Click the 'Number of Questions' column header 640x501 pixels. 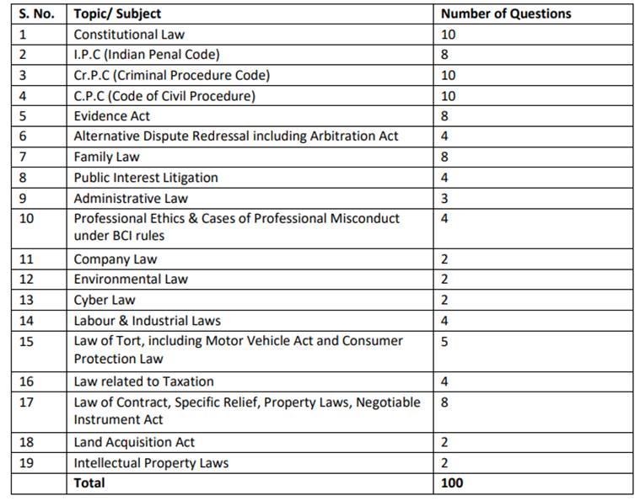[x=506, y=13]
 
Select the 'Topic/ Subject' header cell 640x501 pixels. [x=117, y=13]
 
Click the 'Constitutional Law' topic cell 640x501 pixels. [x=129, y=35]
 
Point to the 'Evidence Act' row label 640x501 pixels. [x=112, y=116]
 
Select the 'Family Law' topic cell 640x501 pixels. [x=107, y=157]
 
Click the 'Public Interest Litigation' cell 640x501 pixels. [x=146, y=178]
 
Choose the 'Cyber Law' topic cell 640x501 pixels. [x=105, y=300]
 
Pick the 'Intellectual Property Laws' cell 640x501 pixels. [x=151, y=462]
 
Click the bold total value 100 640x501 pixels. [x=452, y=482]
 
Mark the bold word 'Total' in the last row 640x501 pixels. [x=90, y=482]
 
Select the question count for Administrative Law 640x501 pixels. [x=444, y=199]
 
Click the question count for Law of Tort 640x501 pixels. [x=444, y=341]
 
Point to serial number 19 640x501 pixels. [x=26, y=462]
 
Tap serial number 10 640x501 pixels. [x=26, y=218]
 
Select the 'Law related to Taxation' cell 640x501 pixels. [x=144, y=381]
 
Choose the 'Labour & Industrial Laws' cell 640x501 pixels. [x=148, y=320]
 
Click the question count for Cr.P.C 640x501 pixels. [x=448, y=75]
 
